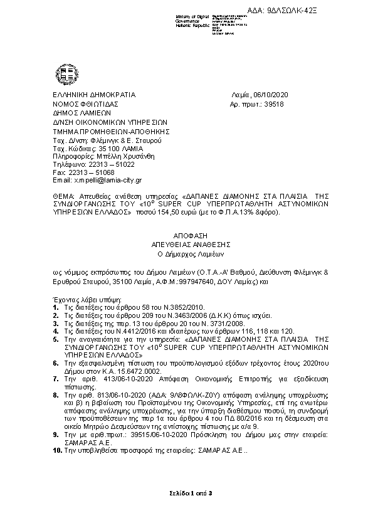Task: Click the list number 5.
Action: pos(55,337)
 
